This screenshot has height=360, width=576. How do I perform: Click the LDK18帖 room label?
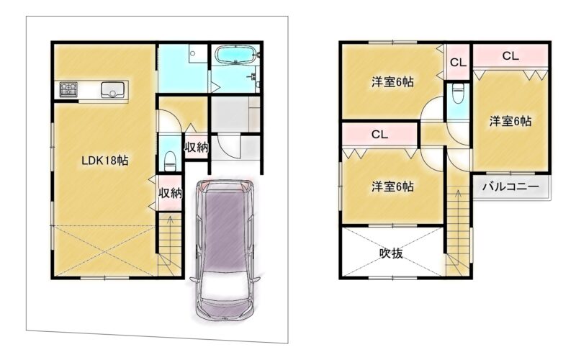point(104,161)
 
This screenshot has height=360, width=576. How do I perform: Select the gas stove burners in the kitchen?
point(69,89)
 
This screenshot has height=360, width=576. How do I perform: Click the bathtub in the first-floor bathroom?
point(235,55)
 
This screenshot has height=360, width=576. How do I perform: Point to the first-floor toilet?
point(170,161)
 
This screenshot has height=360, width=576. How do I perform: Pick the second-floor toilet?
point(458,93)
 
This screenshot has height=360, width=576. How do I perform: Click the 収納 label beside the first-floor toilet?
point(196,148)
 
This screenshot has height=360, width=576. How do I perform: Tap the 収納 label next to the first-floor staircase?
point(170,193)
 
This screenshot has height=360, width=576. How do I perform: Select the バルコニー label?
point(510,187)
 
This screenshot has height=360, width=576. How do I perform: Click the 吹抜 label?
point(391,253)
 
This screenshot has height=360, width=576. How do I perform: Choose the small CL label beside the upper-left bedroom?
point(458,63)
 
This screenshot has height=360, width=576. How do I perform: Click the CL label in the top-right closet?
point(510,56)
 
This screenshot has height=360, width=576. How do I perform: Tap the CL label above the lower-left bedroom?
point(379,135)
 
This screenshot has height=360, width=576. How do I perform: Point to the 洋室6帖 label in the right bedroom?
point(510,121)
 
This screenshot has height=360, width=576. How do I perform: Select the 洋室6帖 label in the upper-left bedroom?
point(392,82)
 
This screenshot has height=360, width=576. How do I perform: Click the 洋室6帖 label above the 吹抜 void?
point(392,186)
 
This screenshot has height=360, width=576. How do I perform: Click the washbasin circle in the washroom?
point(192,54)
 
